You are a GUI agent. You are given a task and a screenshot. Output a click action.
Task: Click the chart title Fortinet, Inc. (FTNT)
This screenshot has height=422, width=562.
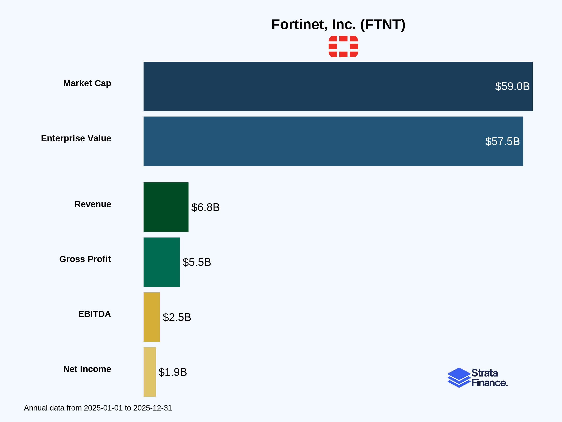338,25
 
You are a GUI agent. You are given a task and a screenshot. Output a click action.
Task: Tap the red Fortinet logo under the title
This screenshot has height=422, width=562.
343,47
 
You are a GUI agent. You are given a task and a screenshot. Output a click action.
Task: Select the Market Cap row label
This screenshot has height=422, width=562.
87,83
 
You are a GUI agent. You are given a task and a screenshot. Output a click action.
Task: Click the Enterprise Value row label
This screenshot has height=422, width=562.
76,138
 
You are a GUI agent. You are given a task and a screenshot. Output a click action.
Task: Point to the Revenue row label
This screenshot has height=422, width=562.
93,204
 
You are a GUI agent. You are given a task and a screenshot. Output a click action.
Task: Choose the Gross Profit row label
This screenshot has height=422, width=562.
85,259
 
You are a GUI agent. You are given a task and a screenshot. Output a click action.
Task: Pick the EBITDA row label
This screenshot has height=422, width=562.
95,314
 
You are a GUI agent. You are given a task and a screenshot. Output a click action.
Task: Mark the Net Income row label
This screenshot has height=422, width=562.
87,369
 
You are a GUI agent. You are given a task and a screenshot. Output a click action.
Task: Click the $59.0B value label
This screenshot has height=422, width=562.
512,87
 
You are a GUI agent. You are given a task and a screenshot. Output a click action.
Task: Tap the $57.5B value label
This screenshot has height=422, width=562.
502,141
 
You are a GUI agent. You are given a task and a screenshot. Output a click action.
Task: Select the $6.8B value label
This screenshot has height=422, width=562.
205,207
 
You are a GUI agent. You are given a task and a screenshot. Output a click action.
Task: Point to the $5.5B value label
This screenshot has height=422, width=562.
197,262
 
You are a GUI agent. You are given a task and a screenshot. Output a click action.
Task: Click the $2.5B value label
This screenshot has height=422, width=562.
177,317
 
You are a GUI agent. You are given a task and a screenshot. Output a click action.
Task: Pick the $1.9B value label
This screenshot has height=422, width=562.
173,372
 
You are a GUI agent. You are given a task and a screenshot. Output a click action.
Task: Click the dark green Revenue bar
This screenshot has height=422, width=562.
166,207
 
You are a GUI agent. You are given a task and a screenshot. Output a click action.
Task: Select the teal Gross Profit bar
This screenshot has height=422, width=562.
162,262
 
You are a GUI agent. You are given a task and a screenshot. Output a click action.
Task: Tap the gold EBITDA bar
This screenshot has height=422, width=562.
152,317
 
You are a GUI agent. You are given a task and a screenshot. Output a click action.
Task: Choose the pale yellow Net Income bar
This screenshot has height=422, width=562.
150,372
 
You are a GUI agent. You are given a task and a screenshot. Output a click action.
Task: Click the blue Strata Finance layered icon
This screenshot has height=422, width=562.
459,378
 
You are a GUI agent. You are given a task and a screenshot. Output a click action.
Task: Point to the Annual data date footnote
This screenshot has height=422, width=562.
98,408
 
